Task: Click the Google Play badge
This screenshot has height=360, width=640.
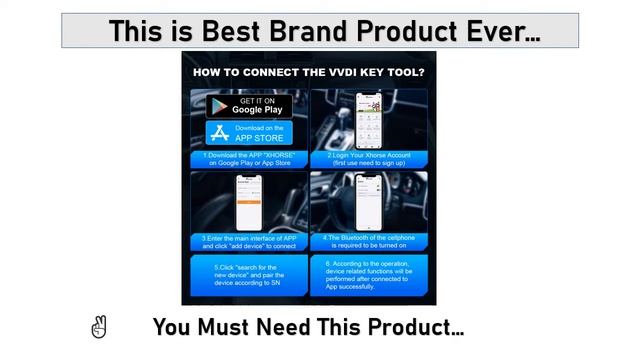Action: coord(249,105)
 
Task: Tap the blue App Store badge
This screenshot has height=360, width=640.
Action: coord(249,133)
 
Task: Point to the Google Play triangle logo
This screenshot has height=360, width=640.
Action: coord(219,106)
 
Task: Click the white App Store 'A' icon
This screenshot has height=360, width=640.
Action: coord(220,133)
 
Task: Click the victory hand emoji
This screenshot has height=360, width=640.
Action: coord(98,327)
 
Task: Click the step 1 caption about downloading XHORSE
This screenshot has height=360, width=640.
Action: coord(248,158)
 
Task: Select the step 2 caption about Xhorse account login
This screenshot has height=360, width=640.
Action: coord(369,158)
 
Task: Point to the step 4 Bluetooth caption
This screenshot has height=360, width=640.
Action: coord(369,241)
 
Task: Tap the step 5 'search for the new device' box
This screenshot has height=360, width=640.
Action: coord(248,275)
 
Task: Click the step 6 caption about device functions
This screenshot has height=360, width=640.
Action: coord(369,275)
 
